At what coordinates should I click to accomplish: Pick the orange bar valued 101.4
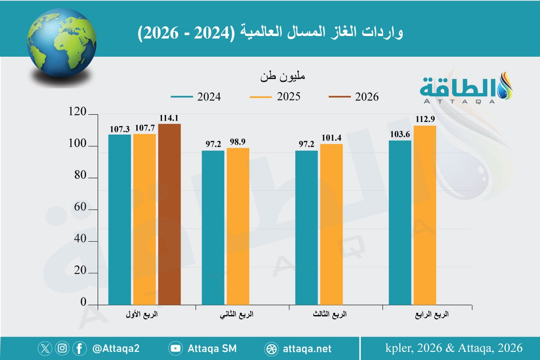(x=332, y=225)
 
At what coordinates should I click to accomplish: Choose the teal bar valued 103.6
(x=400, y=223)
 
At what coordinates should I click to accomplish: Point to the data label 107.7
(x=144, y=129)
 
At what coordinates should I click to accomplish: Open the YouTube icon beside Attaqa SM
(x=175, y=348)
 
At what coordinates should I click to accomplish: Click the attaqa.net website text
(x=307, y=348)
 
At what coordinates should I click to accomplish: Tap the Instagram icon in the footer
(x=63, y=348)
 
